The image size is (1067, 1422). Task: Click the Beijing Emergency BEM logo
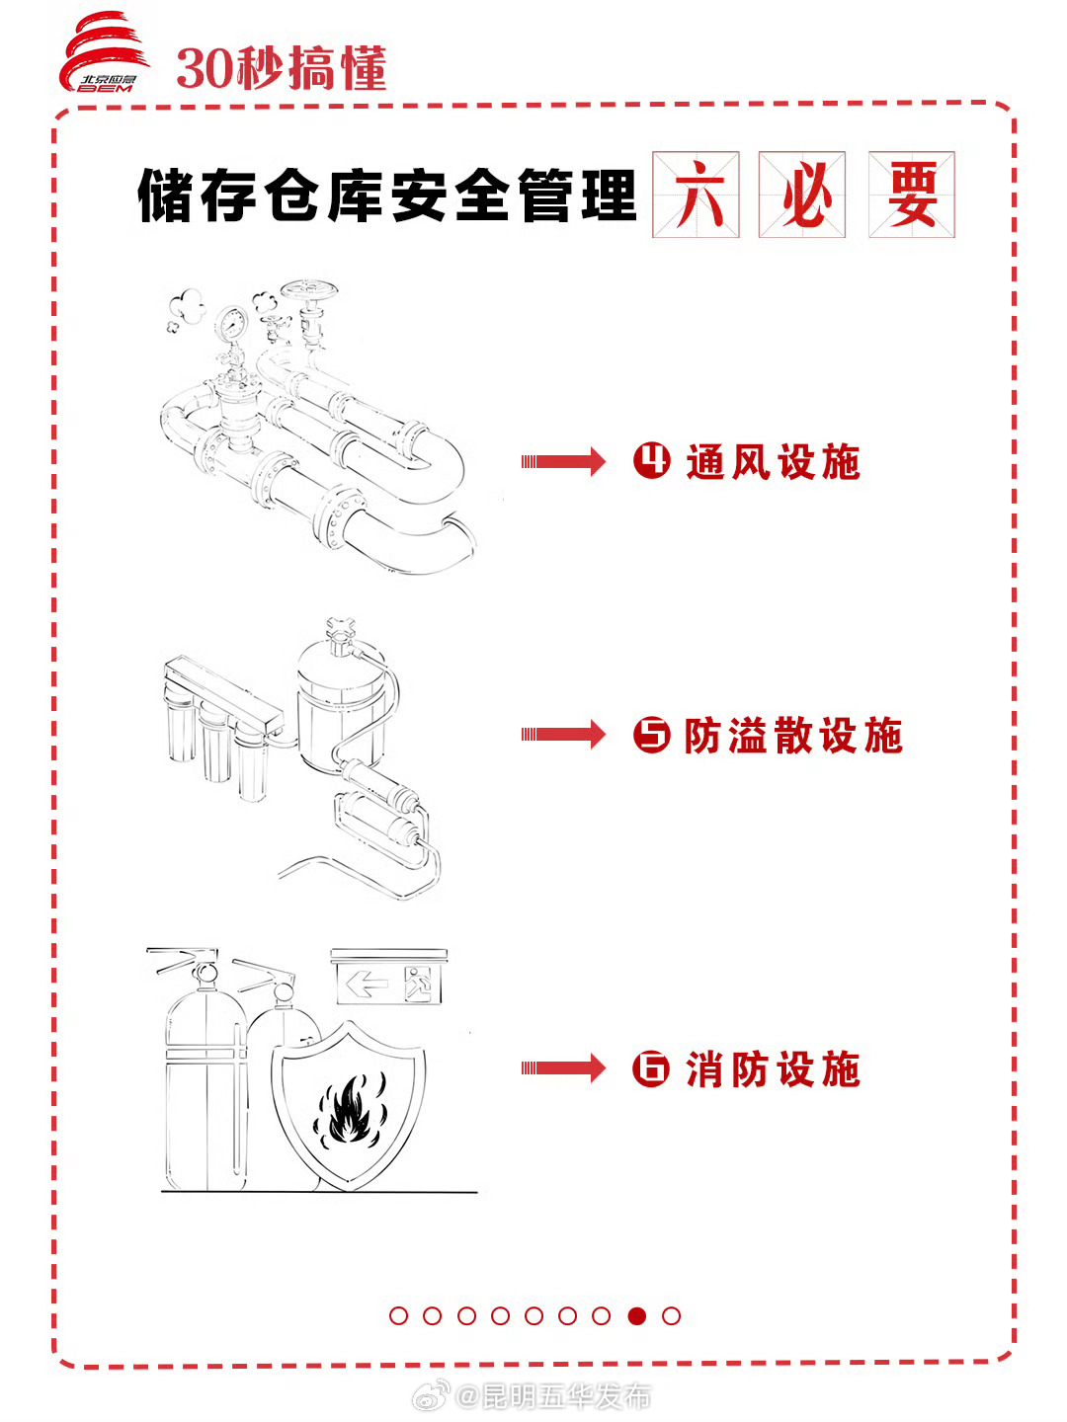coord(105,55)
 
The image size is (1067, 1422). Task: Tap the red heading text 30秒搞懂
coord(281,69)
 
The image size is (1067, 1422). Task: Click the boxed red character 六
coord(696,195)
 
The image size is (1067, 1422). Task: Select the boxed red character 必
coord(802,195)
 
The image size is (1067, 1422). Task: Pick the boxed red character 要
coord(912,195)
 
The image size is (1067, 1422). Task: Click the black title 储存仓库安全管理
coord(386,196)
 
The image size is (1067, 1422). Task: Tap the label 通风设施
coord(773,462)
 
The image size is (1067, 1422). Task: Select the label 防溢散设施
coord(793,736)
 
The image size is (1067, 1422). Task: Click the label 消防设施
coord(773,1069)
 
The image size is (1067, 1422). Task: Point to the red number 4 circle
coord(651,460)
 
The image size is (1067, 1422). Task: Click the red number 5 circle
coord(651,735)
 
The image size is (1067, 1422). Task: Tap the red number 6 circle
coord(651,1068)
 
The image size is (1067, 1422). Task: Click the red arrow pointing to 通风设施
coord(563,461)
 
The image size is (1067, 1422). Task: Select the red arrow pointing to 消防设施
coord(563,1067)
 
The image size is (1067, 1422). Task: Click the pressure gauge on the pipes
coord(231,323)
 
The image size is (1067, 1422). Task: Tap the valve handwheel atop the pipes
coord(309,292)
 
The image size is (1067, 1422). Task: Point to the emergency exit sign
coord(388,983)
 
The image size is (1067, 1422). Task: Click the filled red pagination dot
coord(637,1315)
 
